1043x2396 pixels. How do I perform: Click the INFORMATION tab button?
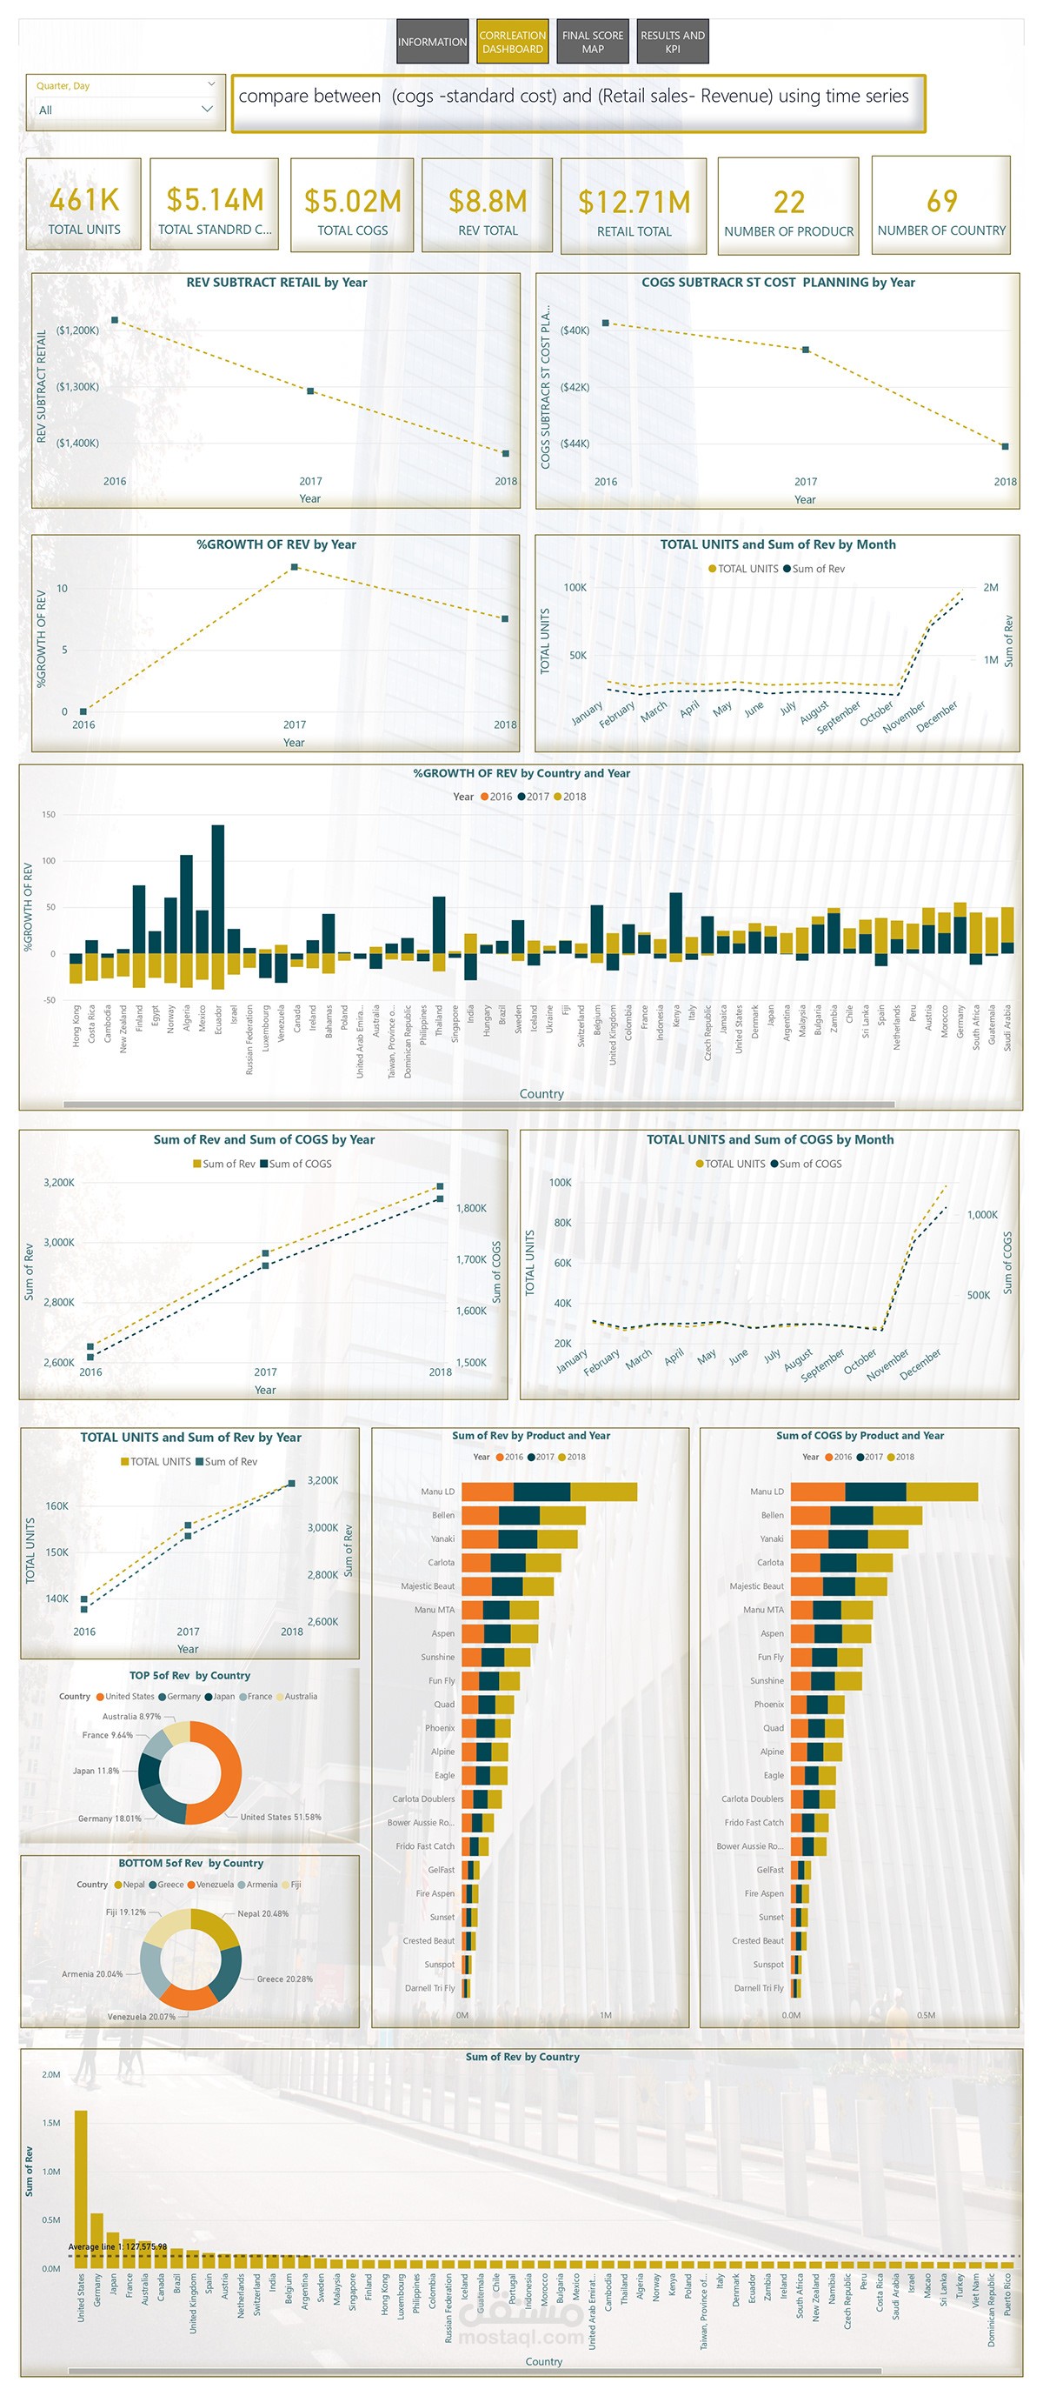point(431,42)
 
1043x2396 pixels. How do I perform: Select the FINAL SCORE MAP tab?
point(592,42)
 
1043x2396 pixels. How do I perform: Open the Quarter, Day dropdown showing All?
point(124,110)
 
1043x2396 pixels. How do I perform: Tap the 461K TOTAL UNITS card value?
point(83,199)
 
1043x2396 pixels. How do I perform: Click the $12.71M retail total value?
point(634,202)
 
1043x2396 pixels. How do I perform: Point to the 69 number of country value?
point(940,201)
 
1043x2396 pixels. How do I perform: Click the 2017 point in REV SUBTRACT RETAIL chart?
point(310,390)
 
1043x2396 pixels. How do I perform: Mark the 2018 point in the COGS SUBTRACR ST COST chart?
point(1005,446)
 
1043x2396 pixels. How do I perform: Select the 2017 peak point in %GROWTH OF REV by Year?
point(295,566)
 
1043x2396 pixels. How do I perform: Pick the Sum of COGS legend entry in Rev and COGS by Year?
point(295,1164)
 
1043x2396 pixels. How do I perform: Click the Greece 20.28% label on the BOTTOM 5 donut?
point(284,1979)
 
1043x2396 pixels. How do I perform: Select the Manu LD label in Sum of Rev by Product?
point(437,1491)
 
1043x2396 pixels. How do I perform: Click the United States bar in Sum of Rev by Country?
point(81,2186)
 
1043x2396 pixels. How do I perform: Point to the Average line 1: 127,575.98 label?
point(117,2246)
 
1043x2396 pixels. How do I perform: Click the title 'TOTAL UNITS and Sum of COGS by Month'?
point(770,1139)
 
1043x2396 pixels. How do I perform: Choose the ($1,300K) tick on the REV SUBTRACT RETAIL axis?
point(77,387)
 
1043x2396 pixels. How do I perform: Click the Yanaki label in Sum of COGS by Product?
point(772,1538)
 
